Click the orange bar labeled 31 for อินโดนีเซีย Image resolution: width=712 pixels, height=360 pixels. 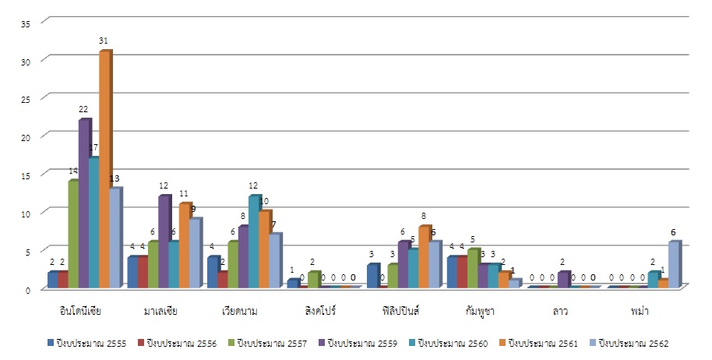click(x=104, y=170)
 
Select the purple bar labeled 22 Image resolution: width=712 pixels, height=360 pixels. click(x=84, y=203)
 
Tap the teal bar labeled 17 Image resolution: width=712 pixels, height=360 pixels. click(x=94, y=223)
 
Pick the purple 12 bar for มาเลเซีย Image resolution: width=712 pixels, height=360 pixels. click(x=164, y=242)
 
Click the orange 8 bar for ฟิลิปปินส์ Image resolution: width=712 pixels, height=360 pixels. click(x=425, y=257)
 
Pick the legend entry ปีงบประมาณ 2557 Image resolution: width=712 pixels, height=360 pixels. click(x=266, y=343)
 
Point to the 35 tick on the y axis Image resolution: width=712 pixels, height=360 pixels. click(x=26, y=23)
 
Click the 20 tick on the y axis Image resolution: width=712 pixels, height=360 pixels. click(x=26, y=137)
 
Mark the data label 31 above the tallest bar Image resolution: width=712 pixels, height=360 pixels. click(x=104, y=40)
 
